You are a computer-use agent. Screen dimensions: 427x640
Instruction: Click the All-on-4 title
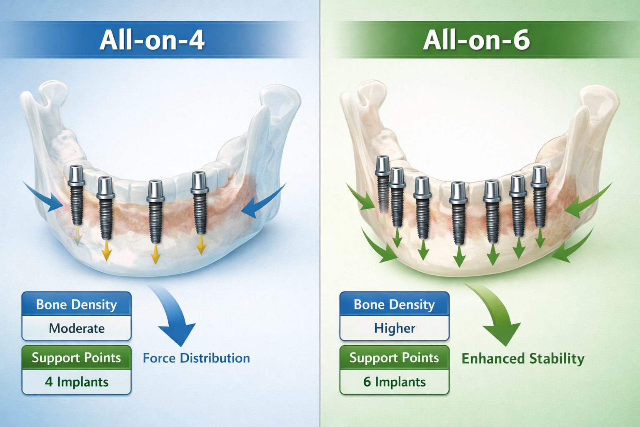[x=152, y=40]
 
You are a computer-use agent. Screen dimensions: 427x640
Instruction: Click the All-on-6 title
[x=476, y=40]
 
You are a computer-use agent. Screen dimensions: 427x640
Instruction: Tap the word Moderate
[x=77, y=329]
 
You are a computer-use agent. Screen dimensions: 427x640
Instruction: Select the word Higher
[x=395, y=329]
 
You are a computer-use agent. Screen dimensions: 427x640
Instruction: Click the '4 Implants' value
[x=77, y=382]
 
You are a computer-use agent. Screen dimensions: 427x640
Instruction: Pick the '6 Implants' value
[x=395, y=382]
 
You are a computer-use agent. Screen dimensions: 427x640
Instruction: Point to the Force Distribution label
[x=196, y=358]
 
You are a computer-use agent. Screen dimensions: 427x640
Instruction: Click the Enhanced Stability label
[x=523, y=359]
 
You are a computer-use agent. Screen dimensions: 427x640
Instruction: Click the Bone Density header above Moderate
[x=77, y=304]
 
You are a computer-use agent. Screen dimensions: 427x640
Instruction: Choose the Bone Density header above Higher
[x=395, y=304]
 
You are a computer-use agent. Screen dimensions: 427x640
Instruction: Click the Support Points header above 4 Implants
[x=77, y=358]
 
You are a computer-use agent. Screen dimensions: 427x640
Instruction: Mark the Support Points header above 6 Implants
[x=395, y=358]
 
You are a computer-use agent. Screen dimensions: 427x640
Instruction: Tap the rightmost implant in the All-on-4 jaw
[x=200, y=202]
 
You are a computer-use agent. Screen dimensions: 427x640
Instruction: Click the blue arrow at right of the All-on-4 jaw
[x=262, y=202]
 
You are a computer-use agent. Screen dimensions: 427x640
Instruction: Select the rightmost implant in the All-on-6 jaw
[x=540, y=196]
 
